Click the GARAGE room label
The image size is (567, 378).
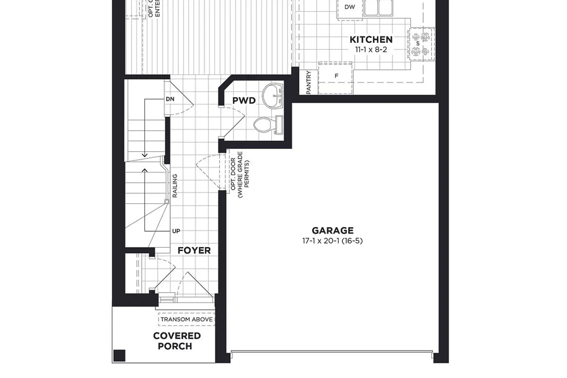333,231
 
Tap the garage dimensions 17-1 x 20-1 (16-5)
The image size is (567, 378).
332,241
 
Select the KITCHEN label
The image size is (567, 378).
371,40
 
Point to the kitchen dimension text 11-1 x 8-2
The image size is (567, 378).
371,50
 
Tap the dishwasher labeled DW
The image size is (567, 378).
350,7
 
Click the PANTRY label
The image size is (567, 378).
308,82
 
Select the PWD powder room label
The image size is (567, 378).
244,101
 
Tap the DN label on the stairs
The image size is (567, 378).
170,99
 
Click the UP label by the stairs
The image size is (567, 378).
176,231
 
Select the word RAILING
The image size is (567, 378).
175,186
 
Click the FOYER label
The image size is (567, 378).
194,251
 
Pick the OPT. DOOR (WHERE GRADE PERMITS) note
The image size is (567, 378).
240,174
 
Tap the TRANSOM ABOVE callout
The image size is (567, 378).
186,319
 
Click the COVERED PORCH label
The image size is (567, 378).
176,341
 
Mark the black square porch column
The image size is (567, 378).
119,356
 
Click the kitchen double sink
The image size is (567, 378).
378,7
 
